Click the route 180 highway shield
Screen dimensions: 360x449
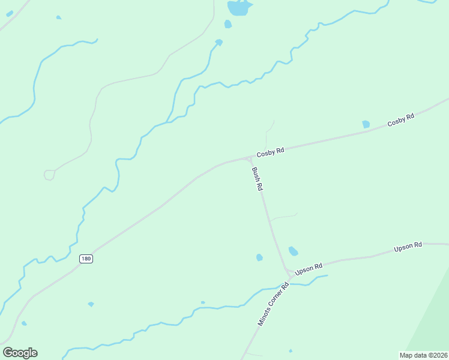[86, 259]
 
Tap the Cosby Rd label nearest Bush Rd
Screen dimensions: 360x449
[270, 152]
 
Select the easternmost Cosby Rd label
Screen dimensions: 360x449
[401, 120]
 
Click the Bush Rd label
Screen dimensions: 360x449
[258, 179]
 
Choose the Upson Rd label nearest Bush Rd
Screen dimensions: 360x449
[310, 269]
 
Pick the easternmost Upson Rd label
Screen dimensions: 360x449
[408, 246]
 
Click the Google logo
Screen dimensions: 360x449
[20, 353]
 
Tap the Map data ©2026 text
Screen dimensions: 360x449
[424, 355]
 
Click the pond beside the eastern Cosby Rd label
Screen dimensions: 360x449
[366, 124]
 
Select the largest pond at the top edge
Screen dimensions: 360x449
[239, 8]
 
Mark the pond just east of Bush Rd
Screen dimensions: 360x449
[293, 251]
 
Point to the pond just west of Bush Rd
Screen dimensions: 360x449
[259, 257]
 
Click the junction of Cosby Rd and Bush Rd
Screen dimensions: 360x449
[249, 158]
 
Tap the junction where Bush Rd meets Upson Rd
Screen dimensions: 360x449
[289, 273]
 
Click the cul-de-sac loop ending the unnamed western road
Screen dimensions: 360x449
[49, 175]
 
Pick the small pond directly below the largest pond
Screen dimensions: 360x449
[228, 24]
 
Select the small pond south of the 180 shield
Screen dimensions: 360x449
[91, 304]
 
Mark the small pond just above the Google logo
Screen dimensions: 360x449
[24, 323]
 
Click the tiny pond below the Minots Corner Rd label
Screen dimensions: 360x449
[291, 351]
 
